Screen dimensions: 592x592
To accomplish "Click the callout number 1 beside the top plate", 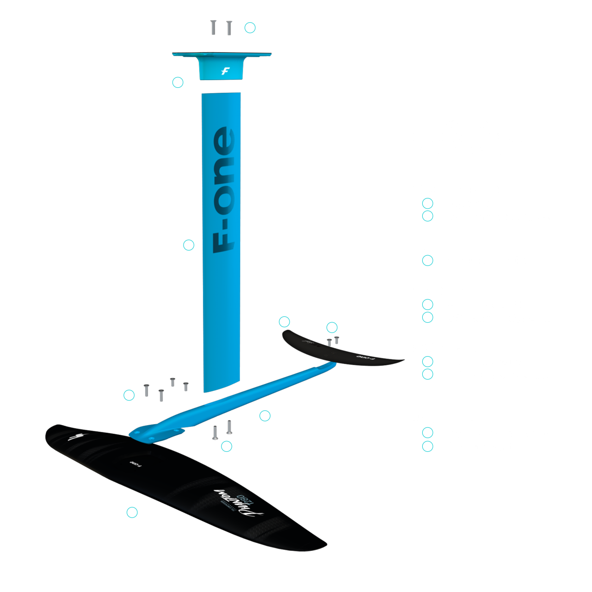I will click(x=178, y=82).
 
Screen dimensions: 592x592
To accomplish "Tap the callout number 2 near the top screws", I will click(x=250, y=28).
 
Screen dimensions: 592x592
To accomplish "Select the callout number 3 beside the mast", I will click(x=188, y=245).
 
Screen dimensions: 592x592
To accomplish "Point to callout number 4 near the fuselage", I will click(x=265, y=416).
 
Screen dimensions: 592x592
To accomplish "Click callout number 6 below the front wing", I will click(x=132, y=512).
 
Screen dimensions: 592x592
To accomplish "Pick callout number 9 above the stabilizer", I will click(x=284, y=322).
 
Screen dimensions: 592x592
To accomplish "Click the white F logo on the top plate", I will click(x=225, y=71).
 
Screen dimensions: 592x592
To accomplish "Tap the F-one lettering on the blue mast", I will click(x=223, y=190).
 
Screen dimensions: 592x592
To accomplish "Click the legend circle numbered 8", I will click(x=427, y=433).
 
